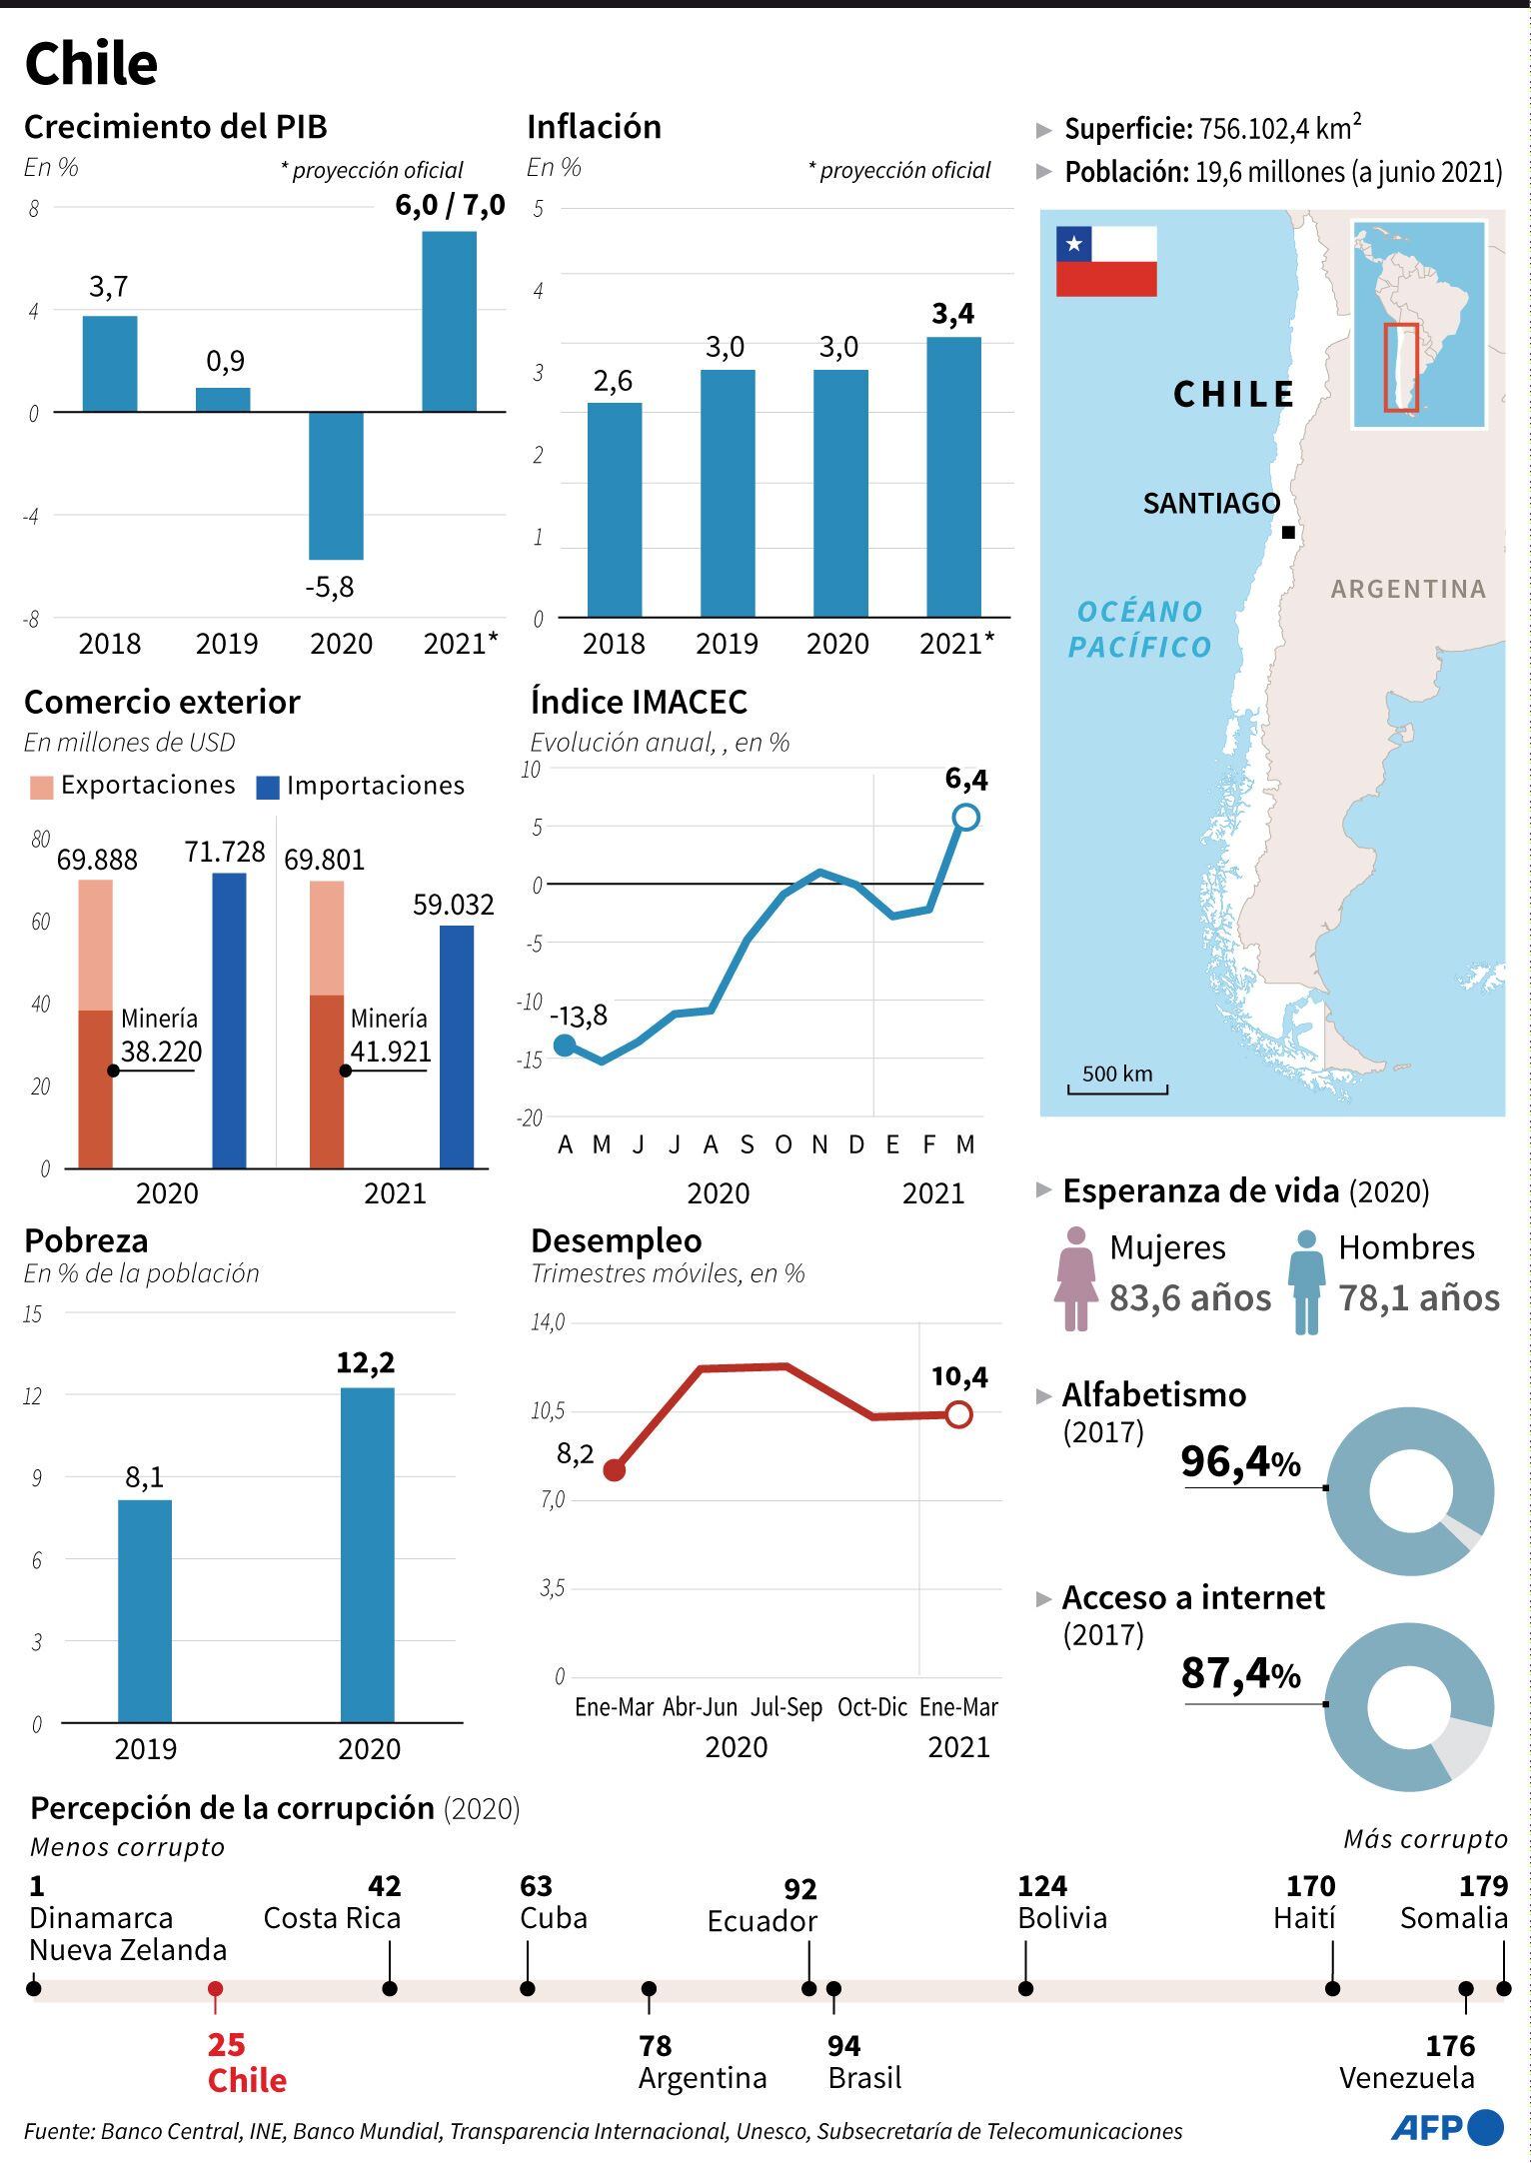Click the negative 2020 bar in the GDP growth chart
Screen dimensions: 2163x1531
click(x=336, y=486)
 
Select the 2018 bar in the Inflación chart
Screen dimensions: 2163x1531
click(x=614, y=510)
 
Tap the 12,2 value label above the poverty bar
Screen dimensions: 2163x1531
click(x=365, y=1363)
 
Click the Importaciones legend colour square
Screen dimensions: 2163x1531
click(x=268, y=787)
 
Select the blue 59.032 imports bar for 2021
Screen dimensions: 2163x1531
click(x=457, y=1046)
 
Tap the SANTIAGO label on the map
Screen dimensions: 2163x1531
click(x=1211, y=504)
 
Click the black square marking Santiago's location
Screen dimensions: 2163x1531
click(x=1288, y=533)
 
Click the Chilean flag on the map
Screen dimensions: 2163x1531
click(x=1106, y=262)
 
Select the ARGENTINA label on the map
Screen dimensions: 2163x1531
click(x=1408, y=589)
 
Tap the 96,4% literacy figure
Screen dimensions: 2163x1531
click(x=1240, y=1462)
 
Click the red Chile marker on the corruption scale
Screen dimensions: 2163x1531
click(x=215, y=1989)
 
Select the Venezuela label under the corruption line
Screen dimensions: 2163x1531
click(x=1406, y=2078)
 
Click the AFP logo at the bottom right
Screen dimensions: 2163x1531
click(x=1446, y=2127)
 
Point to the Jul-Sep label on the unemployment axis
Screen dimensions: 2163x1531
click(x=786, y=1707)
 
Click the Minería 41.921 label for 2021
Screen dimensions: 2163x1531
click(x=390, y=1036)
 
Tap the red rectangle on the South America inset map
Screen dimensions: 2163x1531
click(x=1400, y=367)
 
